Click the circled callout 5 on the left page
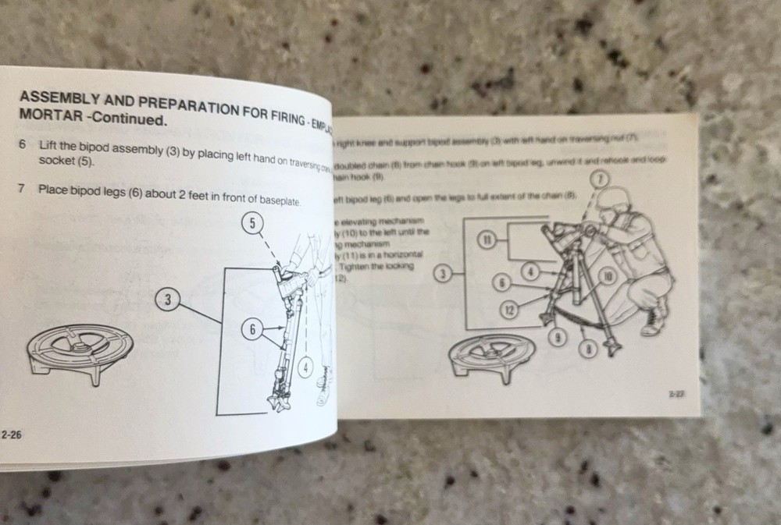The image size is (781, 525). [252, 225]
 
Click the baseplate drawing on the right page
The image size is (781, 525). [490, 356]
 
